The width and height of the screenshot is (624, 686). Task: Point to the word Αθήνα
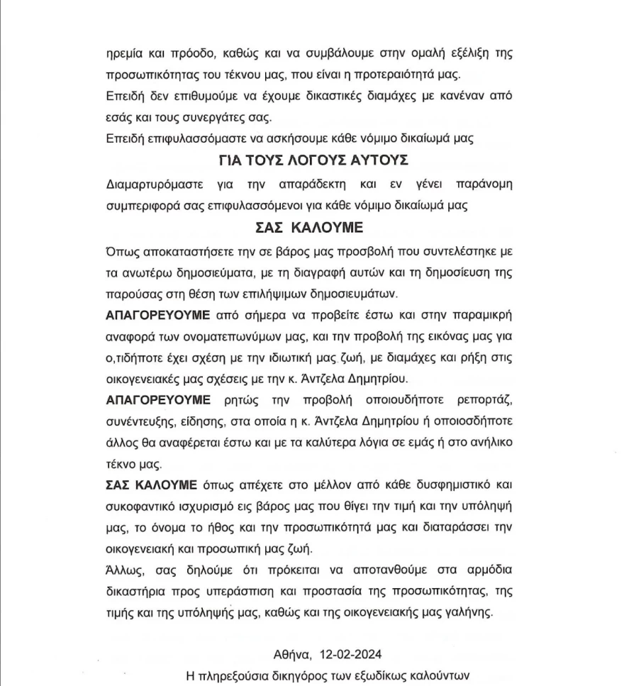point(291,654)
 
